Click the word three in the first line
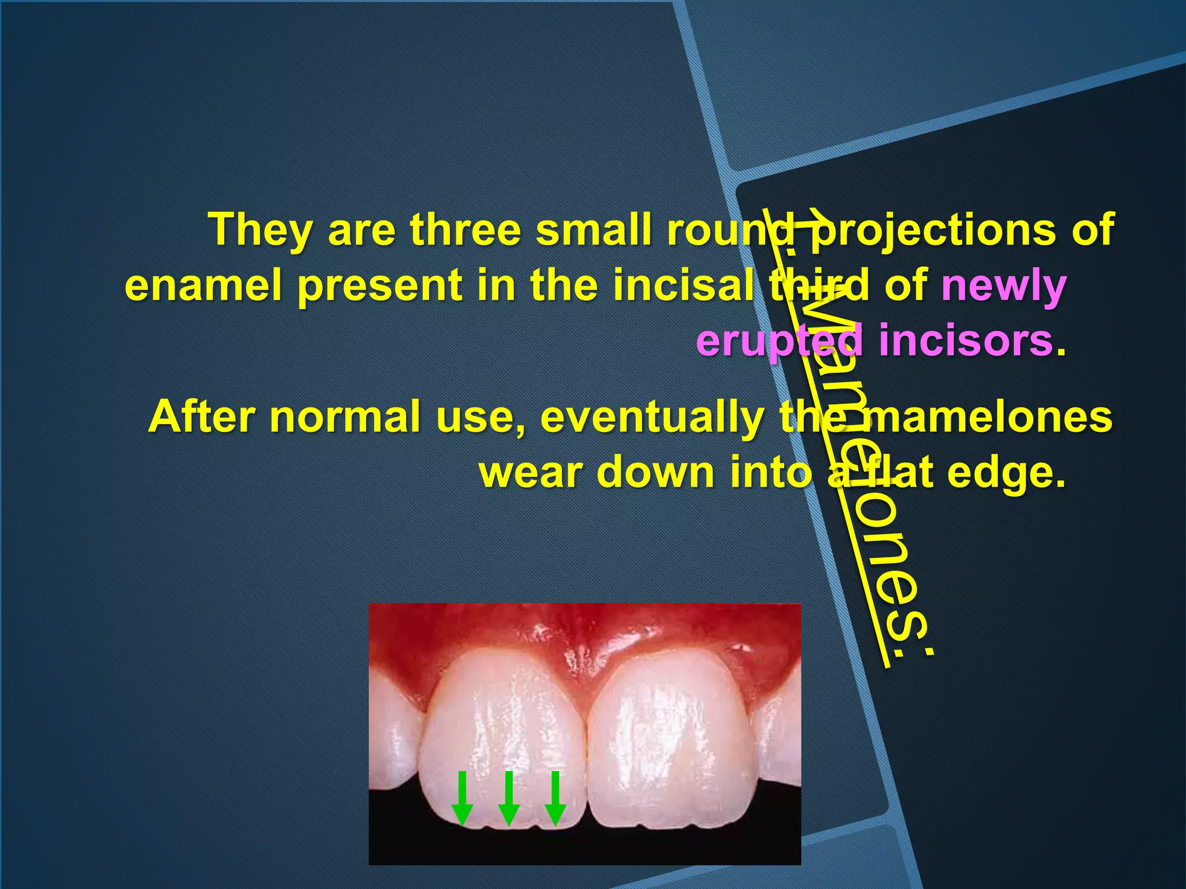tap(466, 230)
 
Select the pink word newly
tap(1004, 286)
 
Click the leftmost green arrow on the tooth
tap(462, 798)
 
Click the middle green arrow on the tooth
tap(508, 798)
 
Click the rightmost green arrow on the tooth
tap(555, 798)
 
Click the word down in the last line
tap(657, 472)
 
